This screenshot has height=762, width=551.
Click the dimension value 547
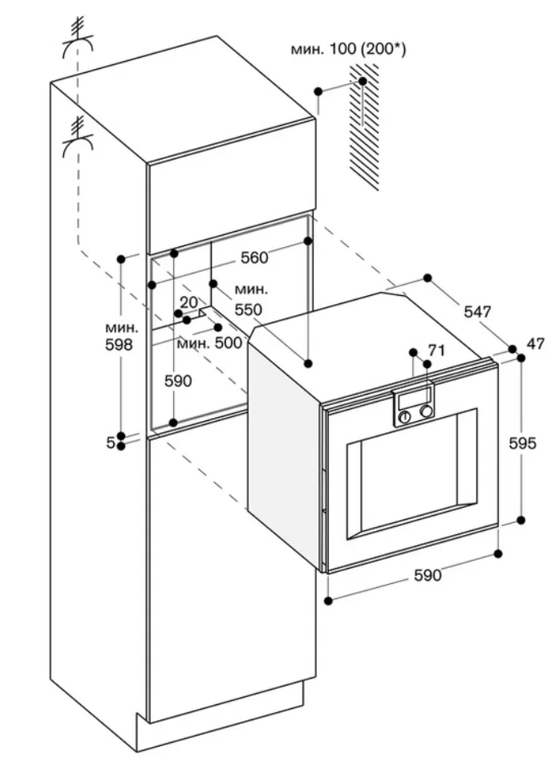[x=477, y=311]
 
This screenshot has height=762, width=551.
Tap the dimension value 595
[x=522, y=443]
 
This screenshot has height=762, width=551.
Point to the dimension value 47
[x=535, y=344]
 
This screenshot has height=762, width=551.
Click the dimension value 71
[x=436, y=350]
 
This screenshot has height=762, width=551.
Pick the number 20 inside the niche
[x=188, y=302]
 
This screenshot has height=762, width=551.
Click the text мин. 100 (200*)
[x=348, y=51]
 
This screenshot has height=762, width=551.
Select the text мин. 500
[x=209, y=342]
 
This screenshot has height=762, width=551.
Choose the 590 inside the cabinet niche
[x=177, y=381]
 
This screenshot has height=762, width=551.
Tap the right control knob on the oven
[x=426, y=411]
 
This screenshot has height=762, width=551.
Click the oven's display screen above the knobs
[x=414, y=399]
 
